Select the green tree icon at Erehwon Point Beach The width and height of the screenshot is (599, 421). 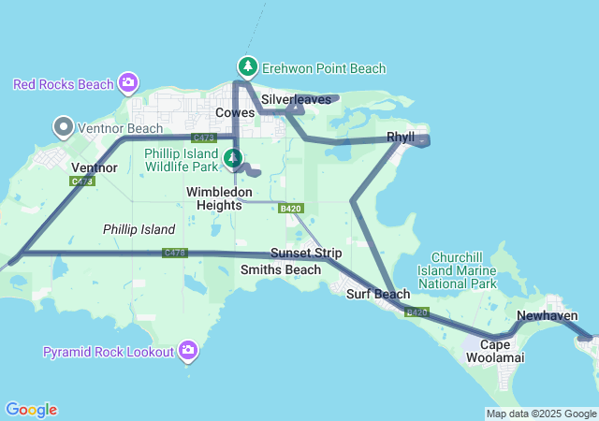[x=247, y=67]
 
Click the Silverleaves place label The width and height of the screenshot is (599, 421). [x=296, y=98]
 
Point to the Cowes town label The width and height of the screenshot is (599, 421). [x=235, y=112]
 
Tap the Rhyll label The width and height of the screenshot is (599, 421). [x=401, y=138]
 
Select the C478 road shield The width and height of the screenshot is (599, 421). [x=174, y=253]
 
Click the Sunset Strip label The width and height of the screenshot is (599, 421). [x=306, y=253]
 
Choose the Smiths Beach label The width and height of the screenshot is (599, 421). [x=281, y=269]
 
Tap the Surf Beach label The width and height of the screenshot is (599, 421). [x=378, y=294]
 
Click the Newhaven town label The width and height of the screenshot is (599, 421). [x=547, y=316]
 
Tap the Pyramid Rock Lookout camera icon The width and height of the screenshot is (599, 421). [x=189, y=351]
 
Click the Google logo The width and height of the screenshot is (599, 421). [x=31, y=410]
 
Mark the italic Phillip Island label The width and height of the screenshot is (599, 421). [x=139, y=229]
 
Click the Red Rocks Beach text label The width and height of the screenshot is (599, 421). [x=64, y=84]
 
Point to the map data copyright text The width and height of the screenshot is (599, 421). [x=541, y=414]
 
